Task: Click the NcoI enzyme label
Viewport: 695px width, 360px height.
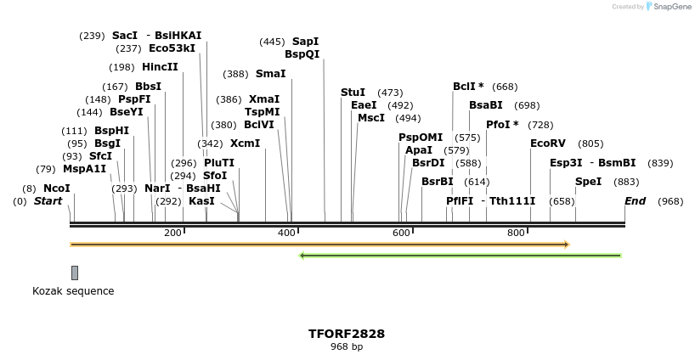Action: pyautogui.click(x=57, y=188)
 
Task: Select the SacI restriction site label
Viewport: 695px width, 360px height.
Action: pyautogui.click(x=124, y=36)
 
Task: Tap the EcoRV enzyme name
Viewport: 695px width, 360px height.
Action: pyautogui.click(x=547, y=143)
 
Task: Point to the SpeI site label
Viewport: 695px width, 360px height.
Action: pyautogui.click(x=588, y=182)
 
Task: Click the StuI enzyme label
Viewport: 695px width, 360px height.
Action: pyautogui.click(x=353, y=93)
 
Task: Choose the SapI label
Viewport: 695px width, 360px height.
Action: pyautogui.click(x=305, y=42)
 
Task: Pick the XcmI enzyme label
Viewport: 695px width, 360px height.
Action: pyautogui.click(x=245, y=143)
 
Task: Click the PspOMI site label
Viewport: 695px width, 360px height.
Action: pyautogui.click(x=421, y=138)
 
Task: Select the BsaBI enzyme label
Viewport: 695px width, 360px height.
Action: pyautogui.click(x=486, y=105)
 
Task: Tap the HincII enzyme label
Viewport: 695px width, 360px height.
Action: pyautogui.click(x=160, y=67)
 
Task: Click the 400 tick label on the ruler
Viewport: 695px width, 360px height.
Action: pyautogui.click(x=286, y=233)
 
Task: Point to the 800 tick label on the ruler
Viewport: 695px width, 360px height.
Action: pyautogui.click(x=516, y=233)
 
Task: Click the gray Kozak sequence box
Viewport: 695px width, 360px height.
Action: pyautogui.click(x=75, y=273)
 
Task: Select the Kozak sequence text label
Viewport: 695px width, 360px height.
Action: pyautogui.click(x=73, y=291)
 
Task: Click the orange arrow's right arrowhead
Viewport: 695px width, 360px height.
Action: pyautogui.click(x=566, y=245)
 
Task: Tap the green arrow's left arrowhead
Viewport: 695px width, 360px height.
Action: pyautogui.click(x=302, y=255)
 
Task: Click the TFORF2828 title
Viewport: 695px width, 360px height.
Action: pyautogui.click(x=347, y=334)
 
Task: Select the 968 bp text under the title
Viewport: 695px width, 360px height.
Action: pyautogui.click(x=347, y=346)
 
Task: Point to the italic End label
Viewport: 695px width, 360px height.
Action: pyautogui.click(x=635, y=201)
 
